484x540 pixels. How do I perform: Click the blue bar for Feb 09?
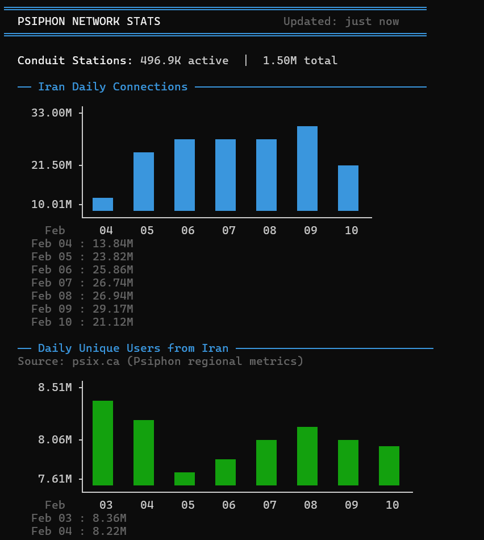click(307, 168)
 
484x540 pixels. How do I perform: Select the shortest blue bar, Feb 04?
click(103, 204)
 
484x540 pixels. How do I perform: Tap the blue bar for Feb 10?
click(348, 188)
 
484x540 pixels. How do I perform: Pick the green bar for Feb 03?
click(103, 443)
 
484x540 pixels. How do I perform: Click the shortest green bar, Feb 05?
click(185, 479)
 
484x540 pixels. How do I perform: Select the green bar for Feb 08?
click(307, 456)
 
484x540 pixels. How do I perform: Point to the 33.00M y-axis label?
click(52, 113)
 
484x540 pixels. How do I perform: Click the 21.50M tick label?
click(52, 165)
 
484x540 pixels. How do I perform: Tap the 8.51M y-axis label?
click(55, 388)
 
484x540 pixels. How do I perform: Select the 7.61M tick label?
click(55, 479)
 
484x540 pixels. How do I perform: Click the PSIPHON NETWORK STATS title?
click(89, 22)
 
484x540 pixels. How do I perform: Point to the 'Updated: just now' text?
click(341, 22)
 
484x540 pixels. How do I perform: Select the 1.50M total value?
click(300, 60)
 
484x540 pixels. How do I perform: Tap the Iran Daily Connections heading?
click(112, 87)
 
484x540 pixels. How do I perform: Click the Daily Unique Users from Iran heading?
click(133, 348)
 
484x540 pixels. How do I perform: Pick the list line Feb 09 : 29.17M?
click(82, 309)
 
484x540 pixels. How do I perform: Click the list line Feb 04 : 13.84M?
click(82, 243)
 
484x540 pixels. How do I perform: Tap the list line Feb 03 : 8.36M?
click(79, 518)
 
